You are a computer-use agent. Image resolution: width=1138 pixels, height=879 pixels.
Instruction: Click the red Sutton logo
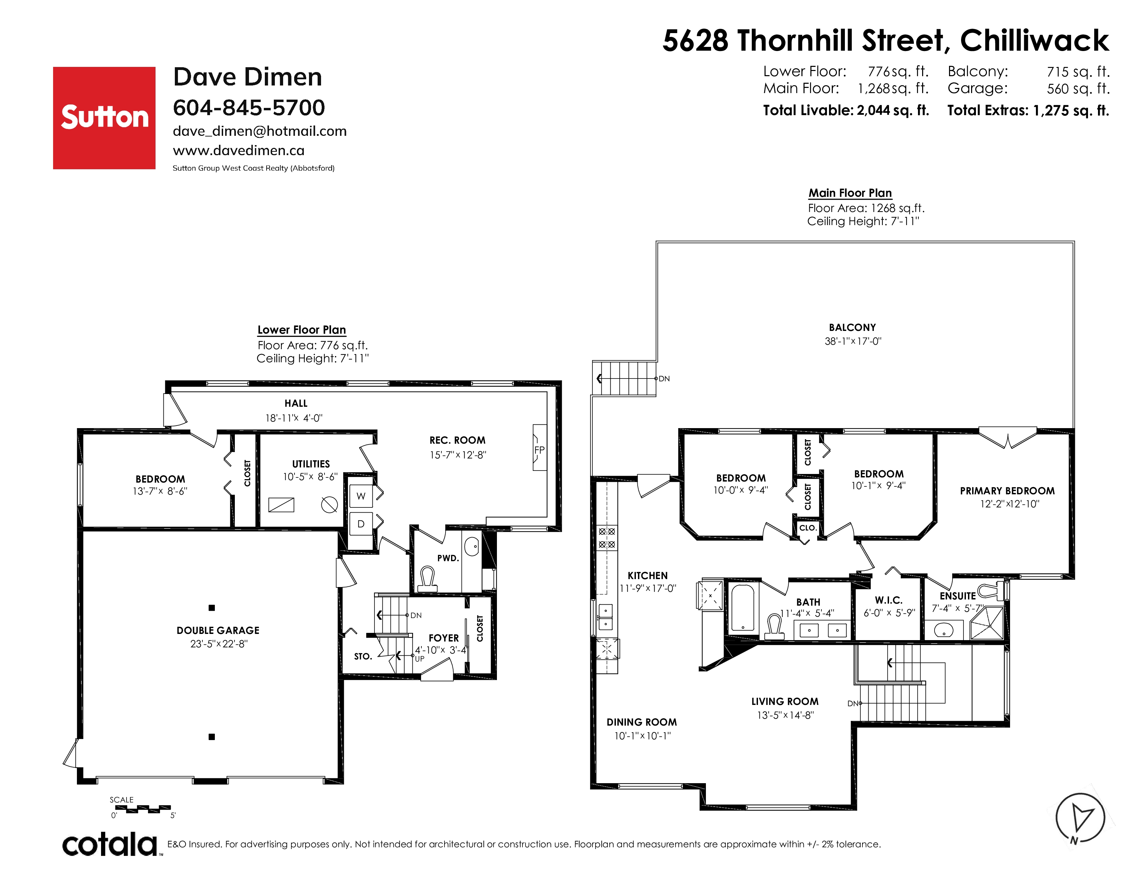point(104,118)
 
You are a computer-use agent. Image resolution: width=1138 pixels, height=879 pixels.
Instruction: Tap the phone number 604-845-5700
point(249,108)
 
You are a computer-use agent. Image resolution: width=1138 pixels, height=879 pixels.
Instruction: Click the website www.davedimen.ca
point(239,151)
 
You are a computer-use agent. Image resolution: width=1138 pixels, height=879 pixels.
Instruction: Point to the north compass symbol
point(1080,818)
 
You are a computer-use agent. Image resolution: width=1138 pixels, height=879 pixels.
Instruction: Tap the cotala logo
point(110,845)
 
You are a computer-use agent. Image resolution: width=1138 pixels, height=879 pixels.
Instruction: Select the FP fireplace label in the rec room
point(539,450)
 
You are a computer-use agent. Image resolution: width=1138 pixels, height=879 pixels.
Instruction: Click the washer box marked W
point(361,496)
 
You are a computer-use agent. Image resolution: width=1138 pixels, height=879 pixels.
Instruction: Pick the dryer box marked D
point(361,524)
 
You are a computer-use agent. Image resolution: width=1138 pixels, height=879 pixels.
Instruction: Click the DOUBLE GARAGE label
point(218,630)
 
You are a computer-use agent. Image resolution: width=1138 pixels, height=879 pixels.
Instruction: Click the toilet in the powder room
point(428,579)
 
